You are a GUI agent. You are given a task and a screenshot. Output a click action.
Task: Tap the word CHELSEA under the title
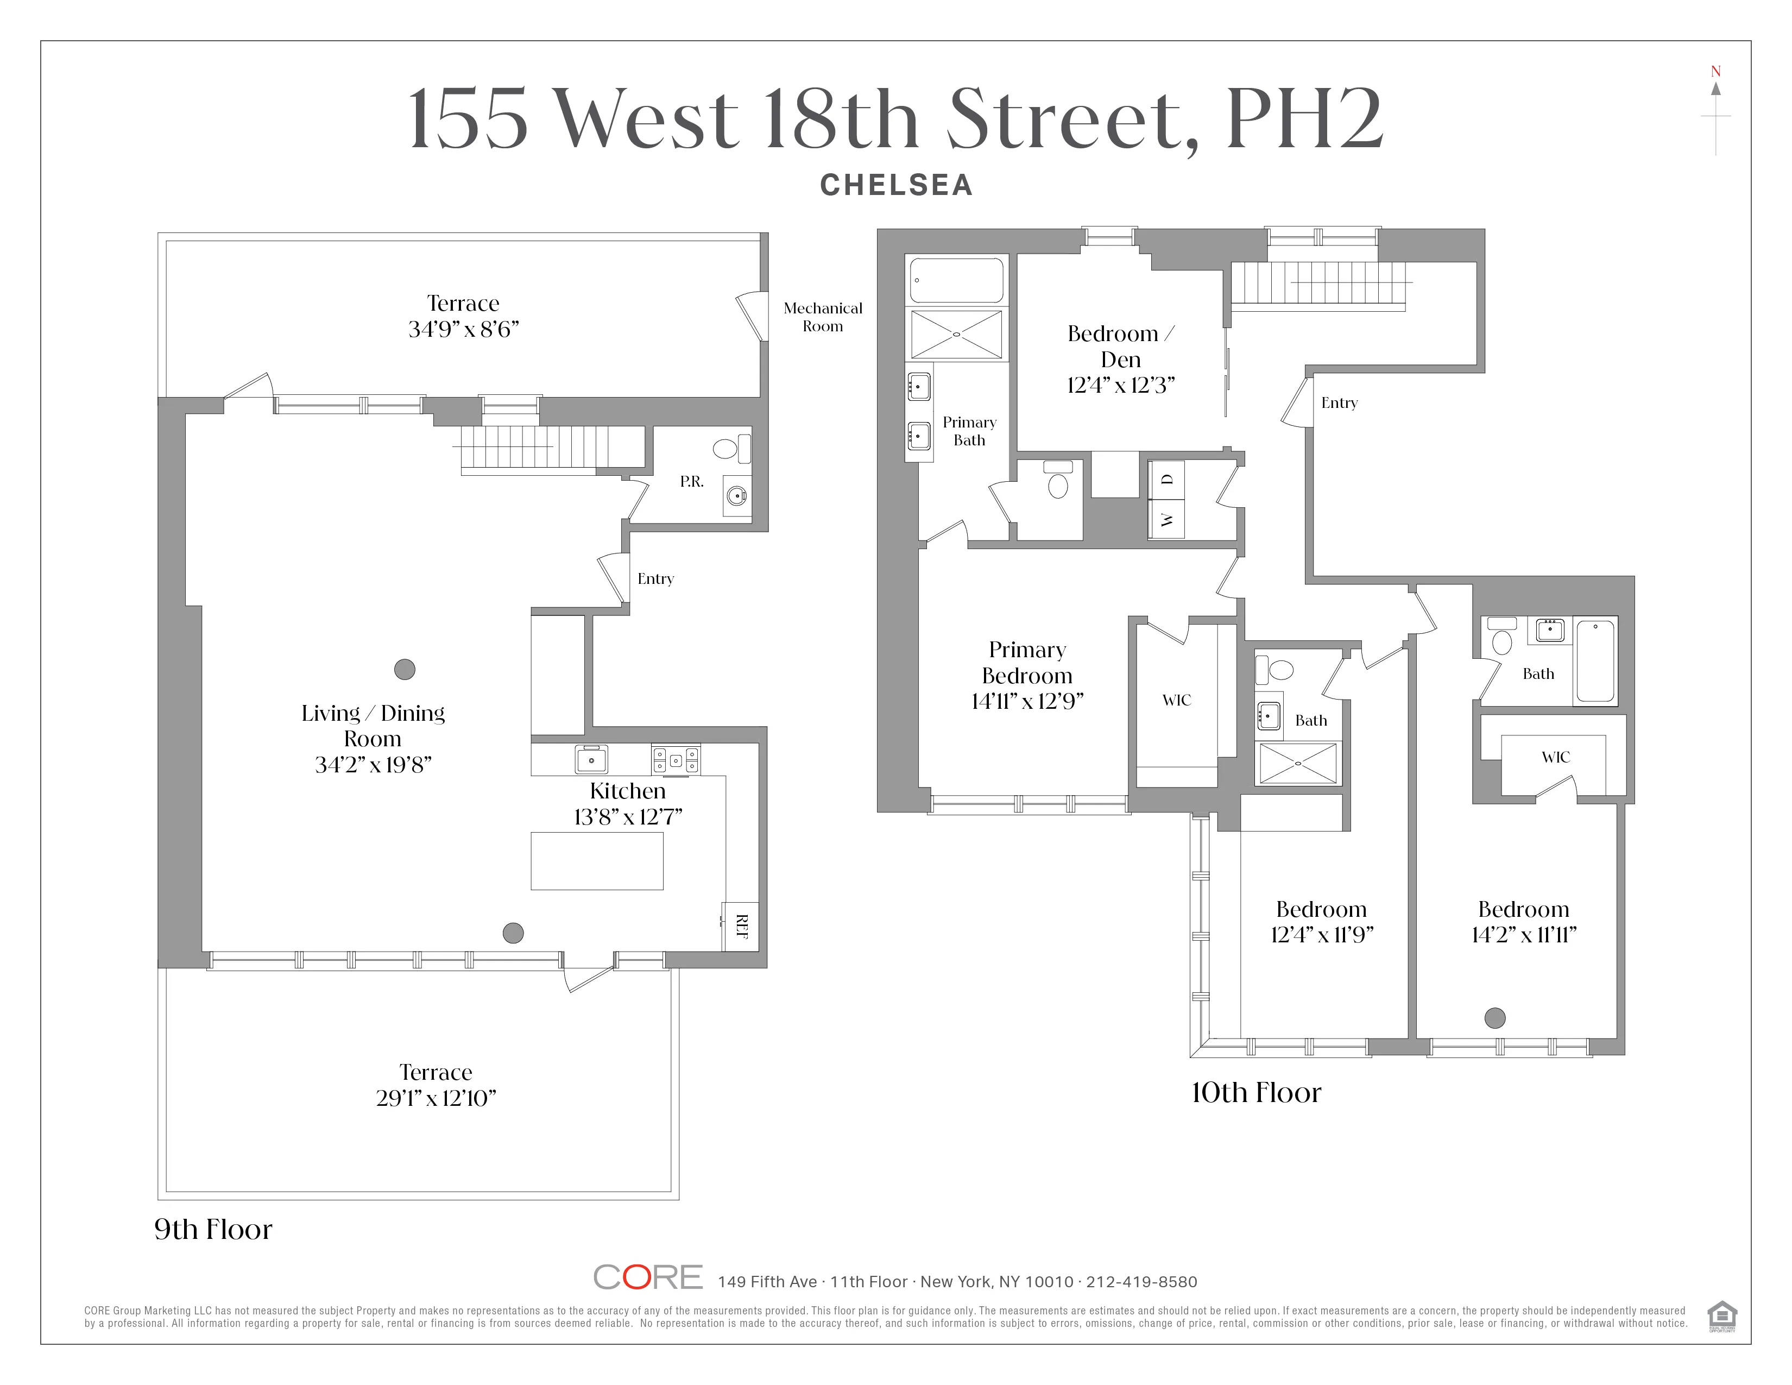pos(896,185)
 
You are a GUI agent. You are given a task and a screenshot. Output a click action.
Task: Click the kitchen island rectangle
pos(596,861)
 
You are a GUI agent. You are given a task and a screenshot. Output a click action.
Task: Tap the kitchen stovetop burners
pos(676,760)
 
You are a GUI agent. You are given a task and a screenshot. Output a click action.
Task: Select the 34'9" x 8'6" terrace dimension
pos(464,329)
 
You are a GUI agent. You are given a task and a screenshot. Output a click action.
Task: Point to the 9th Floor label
pos(213,1229)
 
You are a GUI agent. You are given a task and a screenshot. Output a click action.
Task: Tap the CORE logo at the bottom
pos(647,1277)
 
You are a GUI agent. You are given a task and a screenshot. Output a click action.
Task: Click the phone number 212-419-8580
pos(1141,1282)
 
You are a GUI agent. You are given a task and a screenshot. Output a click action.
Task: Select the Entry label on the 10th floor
pos(1339,403)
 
